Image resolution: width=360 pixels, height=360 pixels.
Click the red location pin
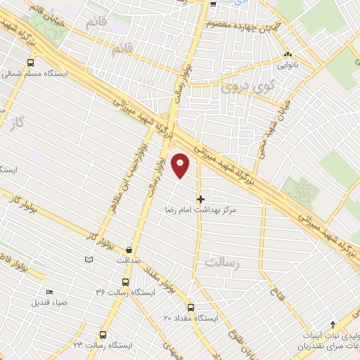tap(181, 166)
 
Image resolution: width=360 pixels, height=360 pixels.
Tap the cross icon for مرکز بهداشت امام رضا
tap(201, 200)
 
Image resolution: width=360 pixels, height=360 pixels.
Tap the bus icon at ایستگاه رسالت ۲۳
tap(103, 335)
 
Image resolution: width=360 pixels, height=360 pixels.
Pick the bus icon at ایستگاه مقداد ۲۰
tap(191, 307)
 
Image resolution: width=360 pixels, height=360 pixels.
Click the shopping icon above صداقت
tap(129, 250)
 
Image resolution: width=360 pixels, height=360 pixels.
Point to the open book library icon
tap(88, 259)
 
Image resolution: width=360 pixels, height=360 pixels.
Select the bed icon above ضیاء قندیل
tap(49, 292)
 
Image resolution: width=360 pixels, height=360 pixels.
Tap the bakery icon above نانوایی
tap(287, 55)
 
